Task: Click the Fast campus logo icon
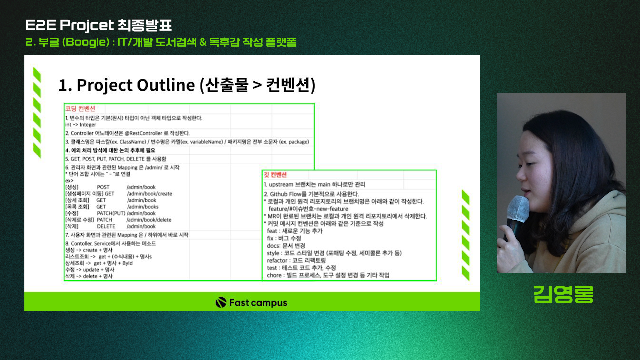[221, 302]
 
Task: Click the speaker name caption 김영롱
[563, 294]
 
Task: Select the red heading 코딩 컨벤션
[80, 109]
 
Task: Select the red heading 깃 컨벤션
[275, 175]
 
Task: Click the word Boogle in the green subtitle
[86, 42]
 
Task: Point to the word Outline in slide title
[166, 85]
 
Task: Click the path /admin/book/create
[149, 194]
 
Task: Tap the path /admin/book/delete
[149, 220]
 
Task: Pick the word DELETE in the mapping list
[106, 226]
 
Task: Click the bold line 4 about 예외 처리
[110, 150]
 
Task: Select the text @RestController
[143, 133]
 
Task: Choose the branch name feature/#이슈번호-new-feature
[308, 209]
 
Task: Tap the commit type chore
[274, 275]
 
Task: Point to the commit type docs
[273, 246]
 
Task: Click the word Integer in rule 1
[88, 125]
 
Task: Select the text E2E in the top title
[41, 25]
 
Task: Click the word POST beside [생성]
[103, 187]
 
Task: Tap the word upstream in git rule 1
[281, 185]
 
